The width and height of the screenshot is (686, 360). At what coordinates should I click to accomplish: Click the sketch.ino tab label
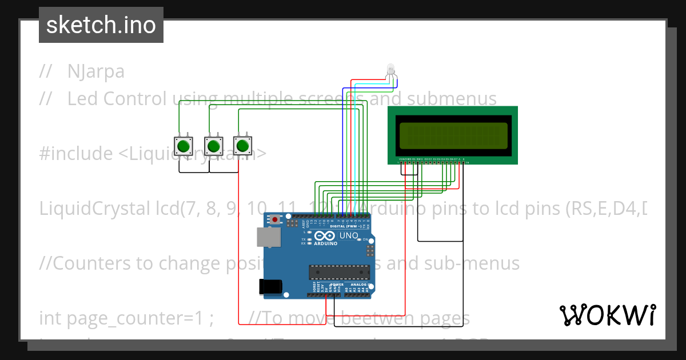[101, 25]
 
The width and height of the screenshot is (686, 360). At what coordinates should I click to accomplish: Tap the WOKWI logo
[607, 315]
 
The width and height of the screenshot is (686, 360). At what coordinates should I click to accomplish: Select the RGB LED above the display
[390, 70]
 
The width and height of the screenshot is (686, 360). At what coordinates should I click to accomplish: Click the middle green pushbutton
[213, 146]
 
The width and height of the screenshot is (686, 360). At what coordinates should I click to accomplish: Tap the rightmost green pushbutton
[243, 145]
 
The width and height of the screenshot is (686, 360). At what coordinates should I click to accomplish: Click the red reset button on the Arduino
[276, 219]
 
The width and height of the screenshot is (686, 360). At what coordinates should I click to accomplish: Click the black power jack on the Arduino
[270, 286]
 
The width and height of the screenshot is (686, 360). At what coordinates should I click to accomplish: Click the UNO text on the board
[349, 236]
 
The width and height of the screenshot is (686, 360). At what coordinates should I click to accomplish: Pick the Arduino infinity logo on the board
[323, 237]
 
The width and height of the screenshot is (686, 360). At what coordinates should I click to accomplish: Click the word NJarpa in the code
[95, 71]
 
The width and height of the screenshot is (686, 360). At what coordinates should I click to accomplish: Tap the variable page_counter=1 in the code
[126, 318]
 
